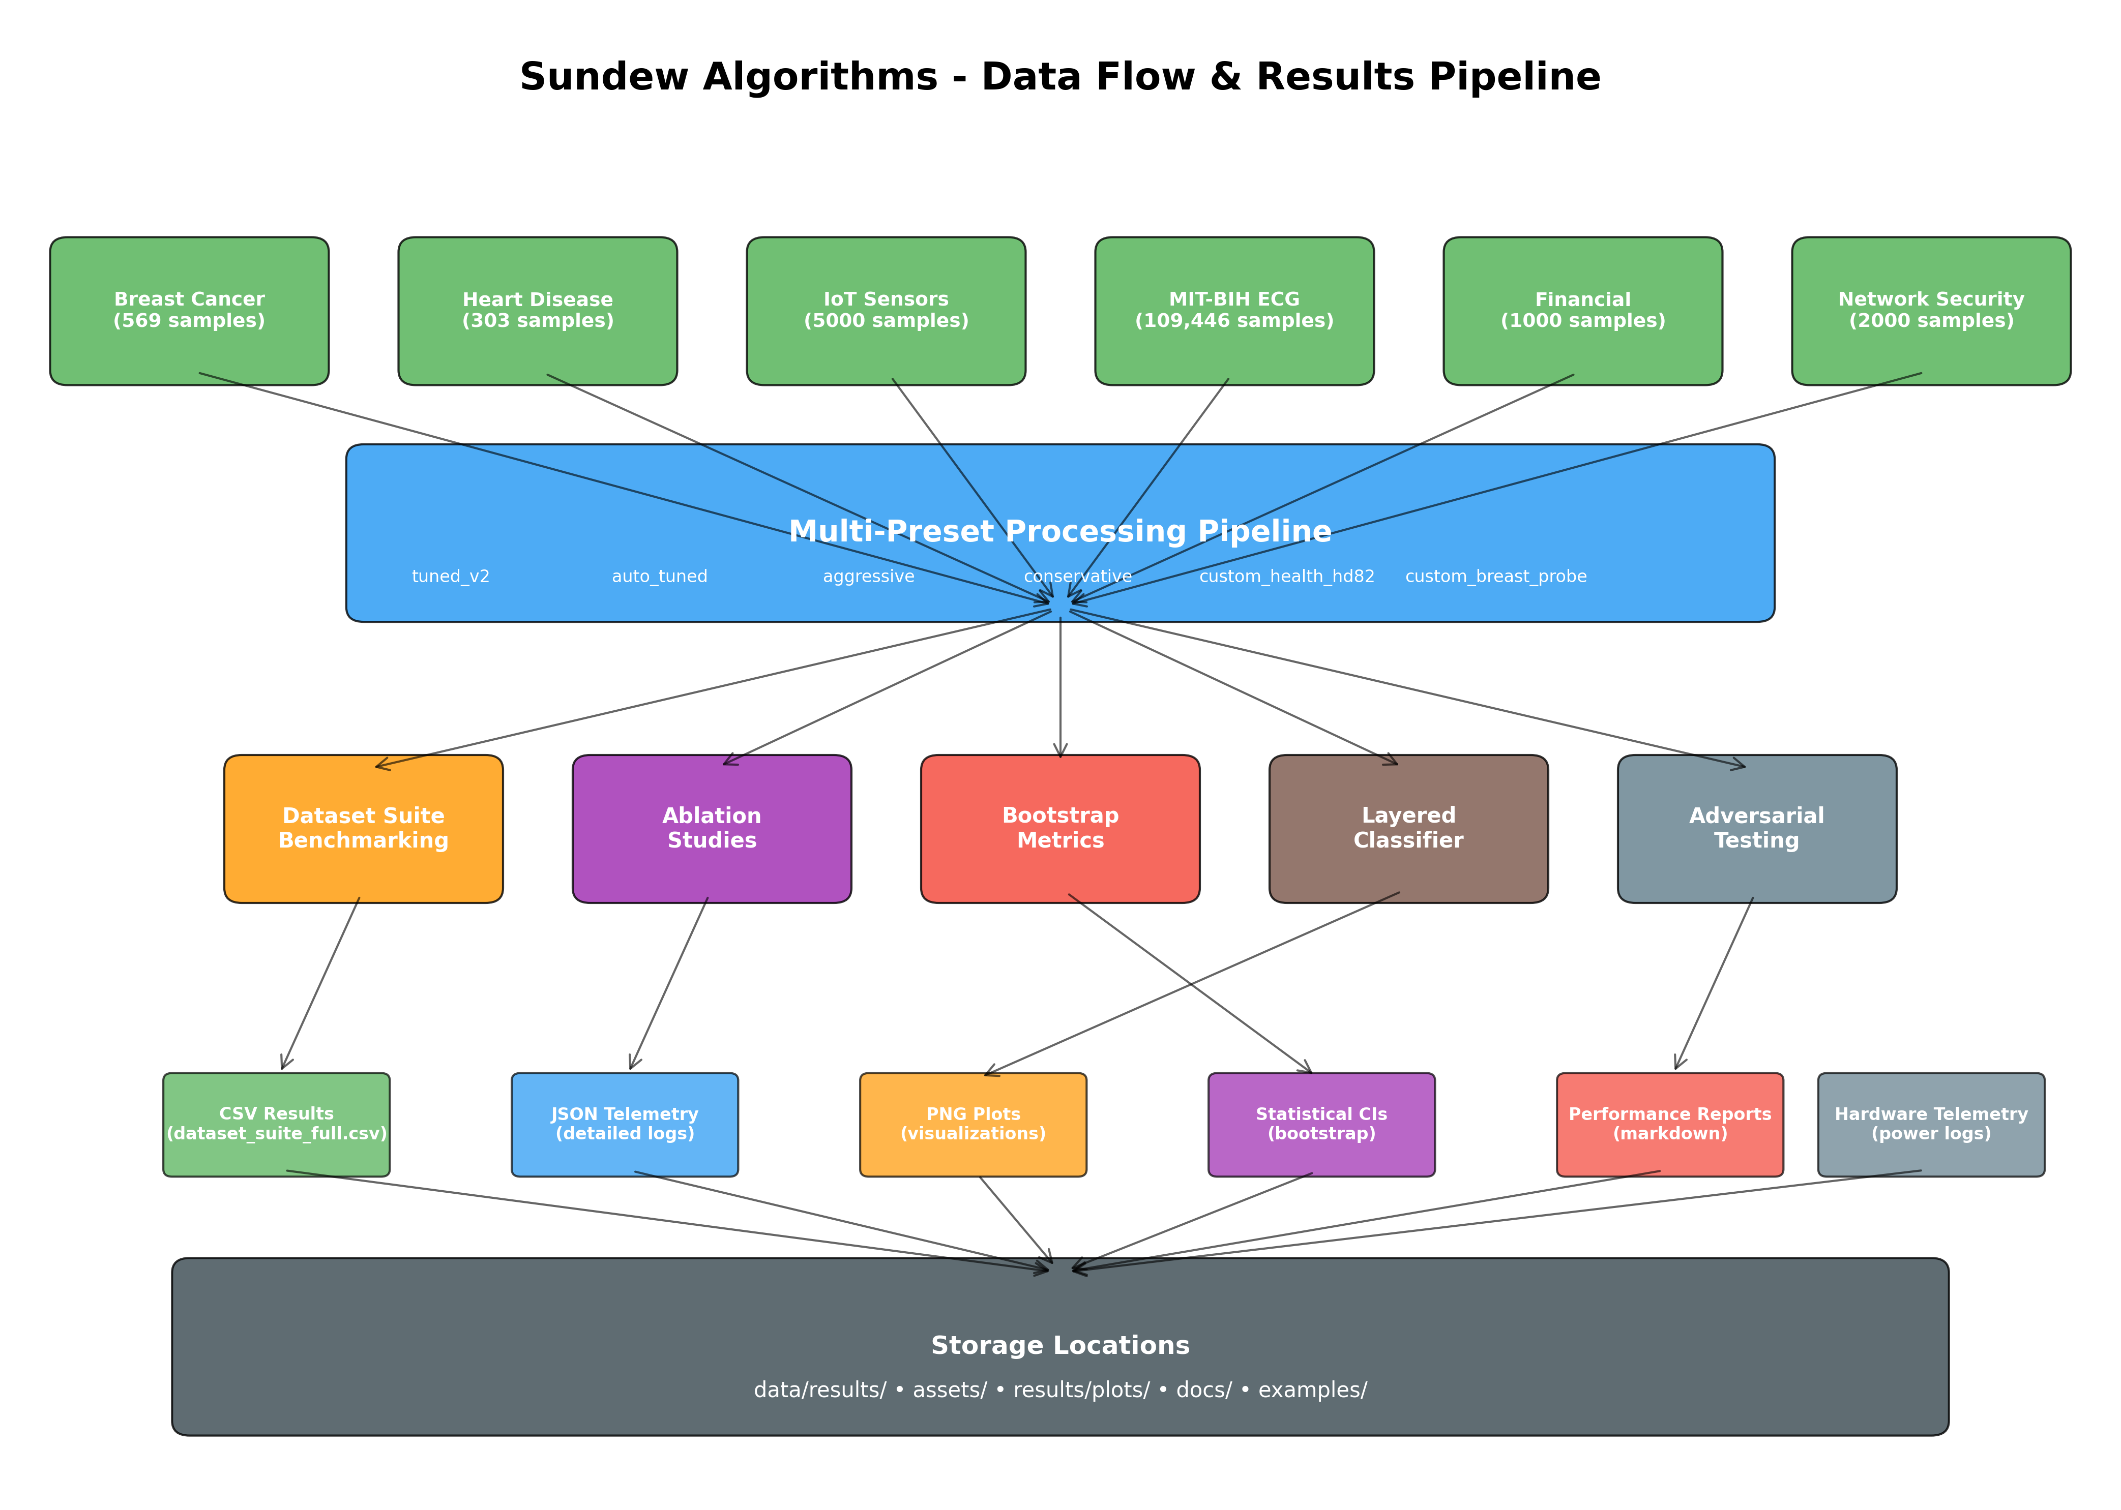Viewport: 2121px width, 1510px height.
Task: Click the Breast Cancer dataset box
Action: coord(189,311)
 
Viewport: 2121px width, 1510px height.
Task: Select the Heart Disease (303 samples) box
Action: coord(538,311)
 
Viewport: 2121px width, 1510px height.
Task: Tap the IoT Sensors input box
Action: coord(886,311)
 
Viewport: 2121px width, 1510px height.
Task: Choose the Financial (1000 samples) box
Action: coord(1582,311)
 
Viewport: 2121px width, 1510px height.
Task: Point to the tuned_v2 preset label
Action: coord(450,577)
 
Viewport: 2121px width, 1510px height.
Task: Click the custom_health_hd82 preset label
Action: coord(1286,577)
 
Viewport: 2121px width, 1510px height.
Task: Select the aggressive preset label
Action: coord(868,577)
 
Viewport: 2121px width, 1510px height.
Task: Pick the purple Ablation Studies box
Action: coord(712,828)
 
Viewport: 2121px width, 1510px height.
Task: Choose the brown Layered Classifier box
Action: coord(1408,828)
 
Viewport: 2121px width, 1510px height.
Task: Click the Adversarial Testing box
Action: coord(1756,828)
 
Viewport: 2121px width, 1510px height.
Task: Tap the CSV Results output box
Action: coord(276,1124)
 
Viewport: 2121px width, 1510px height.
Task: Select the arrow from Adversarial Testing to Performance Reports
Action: coord(1714,984)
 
